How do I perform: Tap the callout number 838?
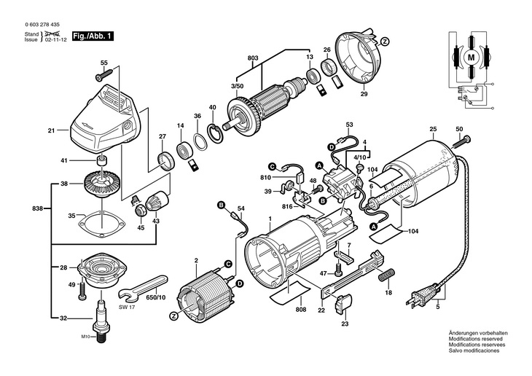pos(38,208)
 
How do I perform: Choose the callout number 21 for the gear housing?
pos(52,131)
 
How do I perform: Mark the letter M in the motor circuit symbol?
pos(470,56)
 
